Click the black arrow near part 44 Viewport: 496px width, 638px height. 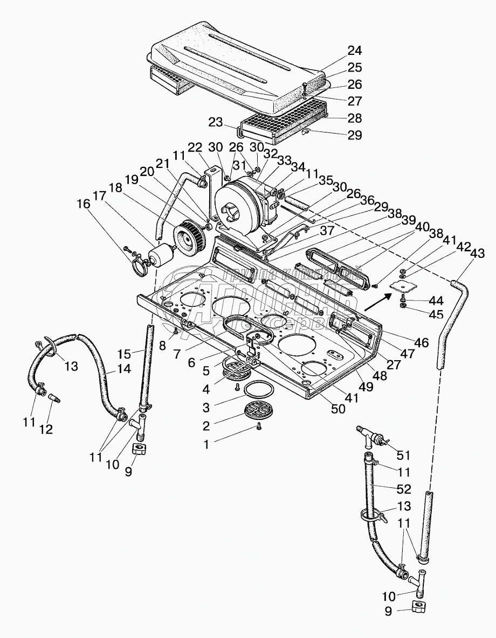(x=375, y=303)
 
